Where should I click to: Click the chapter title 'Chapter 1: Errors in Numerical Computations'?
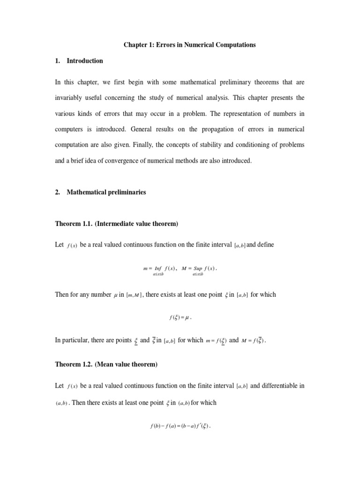(190, 45)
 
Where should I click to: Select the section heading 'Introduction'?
(85, 61)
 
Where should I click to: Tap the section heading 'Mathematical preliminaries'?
(106, 192)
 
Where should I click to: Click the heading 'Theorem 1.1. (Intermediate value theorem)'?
(117, 224)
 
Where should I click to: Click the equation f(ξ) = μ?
(180, 317)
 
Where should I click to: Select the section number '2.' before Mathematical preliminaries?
(58, 192)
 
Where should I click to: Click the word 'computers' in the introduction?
(70, 129)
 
